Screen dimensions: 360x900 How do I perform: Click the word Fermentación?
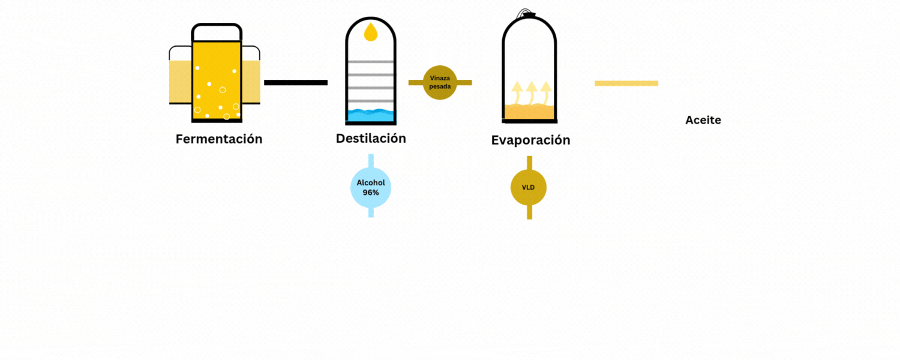pos(219,139)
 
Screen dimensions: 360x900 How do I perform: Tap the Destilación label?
pos(371,139)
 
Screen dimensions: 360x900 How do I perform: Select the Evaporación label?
pos(530,140)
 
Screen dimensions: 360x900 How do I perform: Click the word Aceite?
pos(703,121)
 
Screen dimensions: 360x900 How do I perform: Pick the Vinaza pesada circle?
pos(440,83)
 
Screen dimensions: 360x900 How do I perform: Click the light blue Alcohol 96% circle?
pos(371,188)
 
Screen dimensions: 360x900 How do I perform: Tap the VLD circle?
pos(529,188)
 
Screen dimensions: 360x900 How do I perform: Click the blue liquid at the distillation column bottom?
pos(371,115)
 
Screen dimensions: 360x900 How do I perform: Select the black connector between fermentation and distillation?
pos(296,82)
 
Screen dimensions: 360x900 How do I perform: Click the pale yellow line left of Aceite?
pos(626,83)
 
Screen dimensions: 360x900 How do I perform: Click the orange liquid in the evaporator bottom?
pos(528,112)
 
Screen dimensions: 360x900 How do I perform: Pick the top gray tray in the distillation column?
pos(371,62)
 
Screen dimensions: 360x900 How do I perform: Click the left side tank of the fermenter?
pos(180,80)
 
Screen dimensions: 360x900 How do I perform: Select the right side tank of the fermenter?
pos(251,80)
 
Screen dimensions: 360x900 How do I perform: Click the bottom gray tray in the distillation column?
pos(371,101)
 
